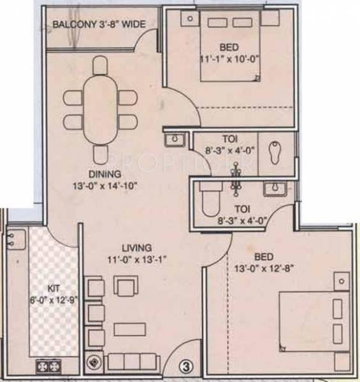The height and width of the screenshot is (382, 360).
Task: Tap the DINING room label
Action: pos(105,174)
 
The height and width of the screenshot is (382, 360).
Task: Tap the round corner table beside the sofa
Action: pos(95,361)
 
